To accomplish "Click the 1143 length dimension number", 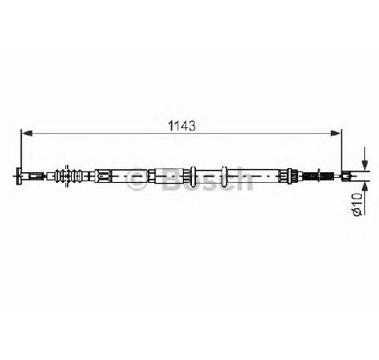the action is coord(182,126).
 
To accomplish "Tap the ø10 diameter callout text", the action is coord(357,205).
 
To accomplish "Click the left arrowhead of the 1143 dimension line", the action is coord(27,133).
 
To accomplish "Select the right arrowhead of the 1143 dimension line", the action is coord(336,133).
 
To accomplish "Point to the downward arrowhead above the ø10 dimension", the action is coord(365,164).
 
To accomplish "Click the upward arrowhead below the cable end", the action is coord(365,188).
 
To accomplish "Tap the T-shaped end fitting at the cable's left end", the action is coord(20,176).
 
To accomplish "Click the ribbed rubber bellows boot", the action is coord(69,176).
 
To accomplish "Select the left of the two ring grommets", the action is coord(193,176).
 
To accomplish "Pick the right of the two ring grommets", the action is coord(224,176).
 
